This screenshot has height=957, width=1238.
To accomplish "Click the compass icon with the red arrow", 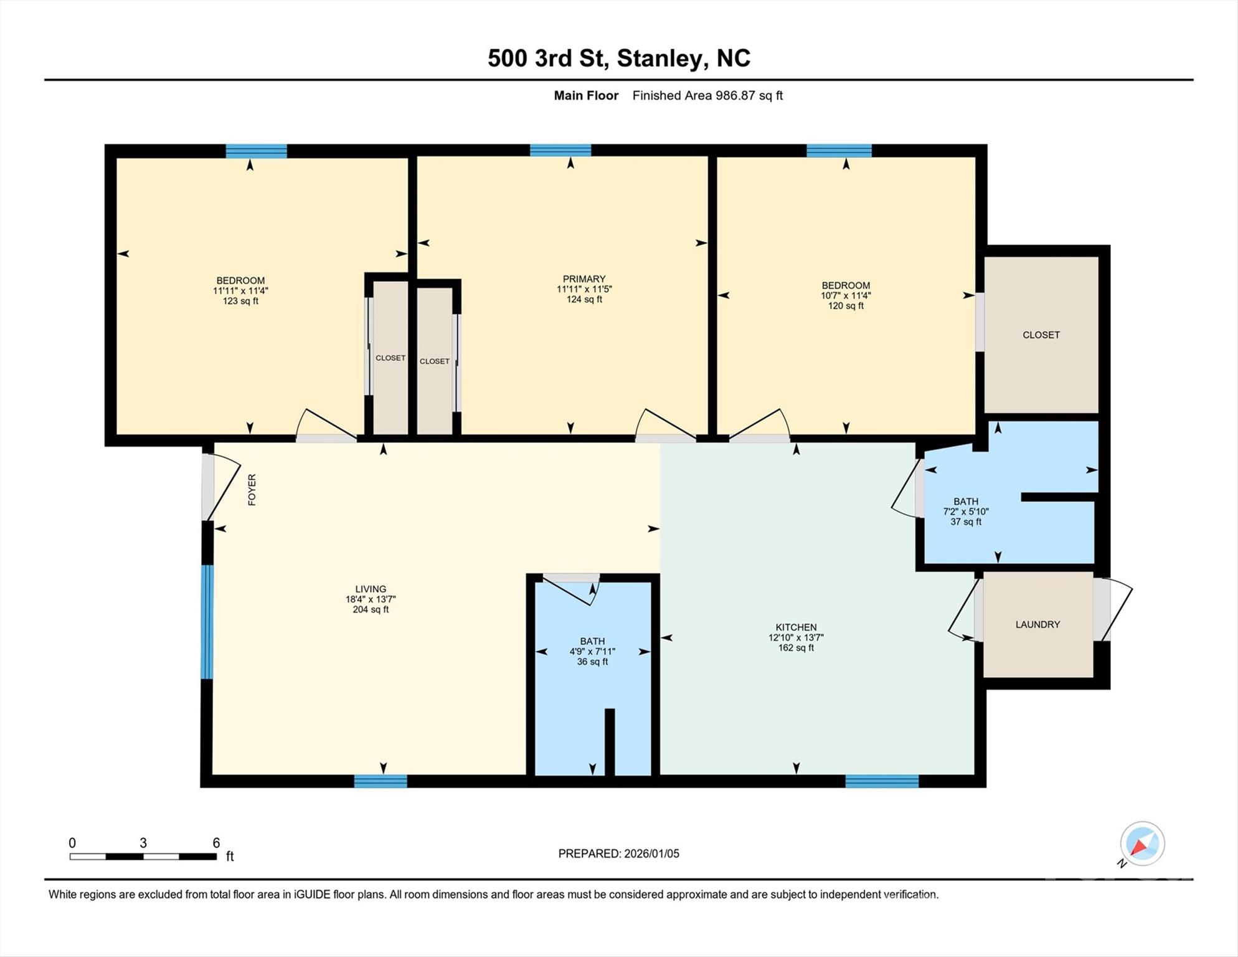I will [1142, 844].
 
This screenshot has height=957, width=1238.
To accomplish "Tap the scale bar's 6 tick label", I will [216, 843].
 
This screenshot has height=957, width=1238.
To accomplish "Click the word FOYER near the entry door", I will [252, 490].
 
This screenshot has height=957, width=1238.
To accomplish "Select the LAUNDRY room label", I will [1037, 624].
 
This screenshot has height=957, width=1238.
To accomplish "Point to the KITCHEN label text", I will [796, 627].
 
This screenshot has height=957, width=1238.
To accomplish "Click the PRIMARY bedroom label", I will [584, 279].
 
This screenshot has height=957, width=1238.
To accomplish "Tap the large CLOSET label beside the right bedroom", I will [1041, 335].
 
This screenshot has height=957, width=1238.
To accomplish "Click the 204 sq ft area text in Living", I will [371, 609].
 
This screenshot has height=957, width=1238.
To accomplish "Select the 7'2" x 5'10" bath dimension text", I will [965, 512].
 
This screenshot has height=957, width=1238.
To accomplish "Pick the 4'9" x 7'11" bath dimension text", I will [592, 652].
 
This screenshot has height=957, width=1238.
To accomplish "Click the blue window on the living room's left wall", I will [207, 621].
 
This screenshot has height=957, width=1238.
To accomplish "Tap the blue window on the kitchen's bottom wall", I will [882, 781].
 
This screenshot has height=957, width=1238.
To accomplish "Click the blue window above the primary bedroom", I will [560, 150].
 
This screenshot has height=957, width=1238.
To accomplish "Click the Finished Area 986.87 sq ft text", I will [707, 95].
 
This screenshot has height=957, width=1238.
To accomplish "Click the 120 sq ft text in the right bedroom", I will [846, 306].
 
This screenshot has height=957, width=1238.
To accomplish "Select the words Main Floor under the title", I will [586, 95].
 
